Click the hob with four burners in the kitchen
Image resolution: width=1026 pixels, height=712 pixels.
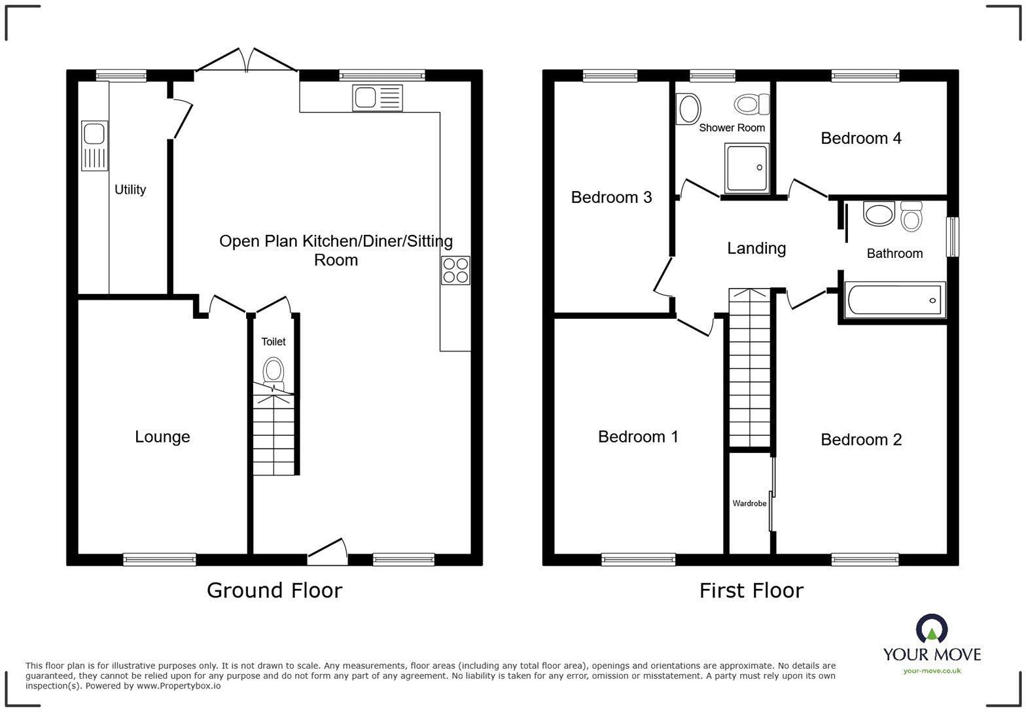pos(455,270)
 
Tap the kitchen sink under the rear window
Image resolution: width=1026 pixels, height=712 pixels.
pos(378,98)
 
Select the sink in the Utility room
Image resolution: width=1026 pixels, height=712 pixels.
pos(94,146)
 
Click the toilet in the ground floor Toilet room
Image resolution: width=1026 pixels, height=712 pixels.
pos(274,371)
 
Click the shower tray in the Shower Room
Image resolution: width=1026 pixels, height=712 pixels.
pos(747,168)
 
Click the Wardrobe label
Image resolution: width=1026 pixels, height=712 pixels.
pos(749,503)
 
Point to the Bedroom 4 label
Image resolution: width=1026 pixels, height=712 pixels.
pos(860,138)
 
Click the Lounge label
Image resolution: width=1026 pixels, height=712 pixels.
pos(162,436)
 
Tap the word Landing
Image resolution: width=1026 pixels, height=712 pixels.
pos(756,248)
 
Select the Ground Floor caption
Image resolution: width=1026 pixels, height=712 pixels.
pos(274,590)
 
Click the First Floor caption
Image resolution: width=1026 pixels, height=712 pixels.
pos(751,590)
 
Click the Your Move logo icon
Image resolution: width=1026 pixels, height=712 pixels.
pos(932,629)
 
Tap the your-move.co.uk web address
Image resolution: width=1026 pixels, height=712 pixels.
pos(932,670)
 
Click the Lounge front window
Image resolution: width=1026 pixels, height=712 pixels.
pos(160,560)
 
